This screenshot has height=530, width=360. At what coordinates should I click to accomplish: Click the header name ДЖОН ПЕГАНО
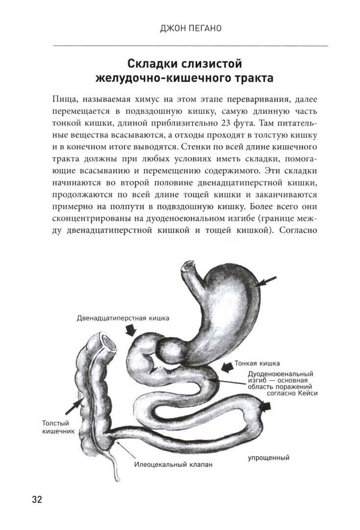pos(190,28)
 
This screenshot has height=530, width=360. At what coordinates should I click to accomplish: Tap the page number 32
pos(37,486)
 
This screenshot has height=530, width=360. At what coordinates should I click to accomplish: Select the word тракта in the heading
pos(250,79)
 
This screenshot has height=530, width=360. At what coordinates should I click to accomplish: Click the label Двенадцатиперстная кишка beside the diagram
pos(123,318)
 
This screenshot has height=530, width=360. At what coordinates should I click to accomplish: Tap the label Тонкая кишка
pos(258,364)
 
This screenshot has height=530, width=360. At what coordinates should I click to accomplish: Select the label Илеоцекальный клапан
pos(175,464)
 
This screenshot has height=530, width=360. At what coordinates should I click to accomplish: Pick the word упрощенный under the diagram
pos(269,458)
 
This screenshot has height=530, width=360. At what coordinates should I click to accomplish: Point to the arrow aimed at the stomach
pos(267,282)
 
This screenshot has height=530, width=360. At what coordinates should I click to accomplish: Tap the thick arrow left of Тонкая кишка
pos(227,367)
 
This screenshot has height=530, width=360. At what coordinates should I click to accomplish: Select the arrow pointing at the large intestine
pos(74,405)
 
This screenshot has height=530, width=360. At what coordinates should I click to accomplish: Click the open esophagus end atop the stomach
pos(186,266)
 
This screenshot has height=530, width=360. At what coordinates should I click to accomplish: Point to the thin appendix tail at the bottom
pos(115,471)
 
